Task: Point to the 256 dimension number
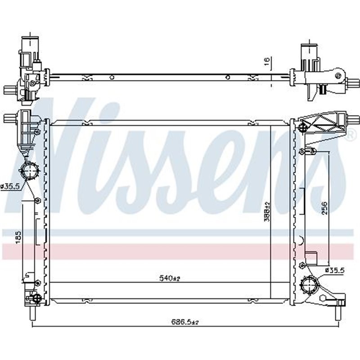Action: click(x=325, y=208)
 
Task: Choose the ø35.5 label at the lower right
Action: click(x=334, y=270)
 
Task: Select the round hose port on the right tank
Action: click(x=309, y=285)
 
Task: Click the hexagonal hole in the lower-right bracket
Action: click(x=324, y=298)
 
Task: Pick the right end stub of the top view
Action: click(x=354, y=83)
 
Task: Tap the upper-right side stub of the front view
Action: click(x=354, y=120)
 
